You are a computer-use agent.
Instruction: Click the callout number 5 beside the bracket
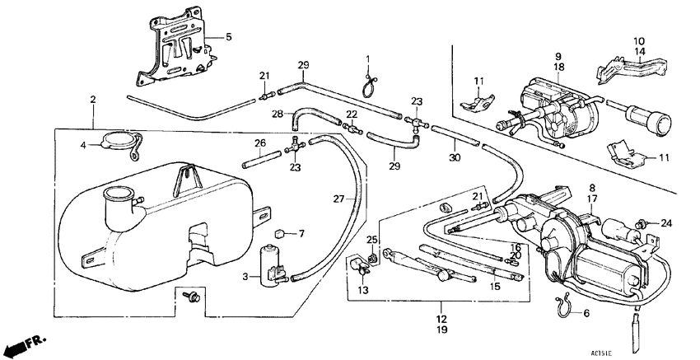(x=229, y=37)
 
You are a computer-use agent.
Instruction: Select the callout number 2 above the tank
(x=92, y=100)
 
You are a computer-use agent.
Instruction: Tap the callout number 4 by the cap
(x=82, y=147)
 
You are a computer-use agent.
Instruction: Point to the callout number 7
(x=301, y=234)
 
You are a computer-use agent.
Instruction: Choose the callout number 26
(x=259, y=143)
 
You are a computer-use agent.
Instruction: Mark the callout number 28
(x=278, y=113)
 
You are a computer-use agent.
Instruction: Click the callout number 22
(x=351, y=115)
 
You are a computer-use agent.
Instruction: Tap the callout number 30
(x=454, y=159)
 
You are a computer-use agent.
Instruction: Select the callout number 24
(x=667, y=222)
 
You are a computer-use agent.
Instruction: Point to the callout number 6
(x=586, y=314)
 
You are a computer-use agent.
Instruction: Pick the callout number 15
(x=496, y=288)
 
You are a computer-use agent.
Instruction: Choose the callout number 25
(x=372, y=240)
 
